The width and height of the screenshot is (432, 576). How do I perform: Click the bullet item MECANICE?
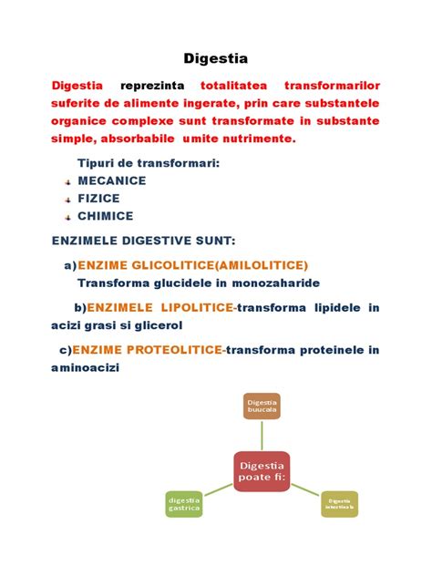[x=112, y=180]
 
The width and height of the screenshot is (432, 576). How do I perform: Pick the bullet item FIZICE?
[x=98, y=198]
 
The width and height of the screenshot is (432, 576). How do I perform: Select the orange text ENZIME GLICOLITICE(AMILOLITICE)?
[x=193, y=265]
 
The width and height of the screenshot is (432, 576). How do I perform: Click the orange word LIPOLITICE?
[x=194, y=308]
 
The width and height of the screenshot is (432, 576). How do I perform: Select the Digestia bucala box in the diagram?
[x=262, y=406]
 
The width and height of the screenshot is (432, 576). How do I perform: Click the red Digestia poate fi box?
[x=262, y=472]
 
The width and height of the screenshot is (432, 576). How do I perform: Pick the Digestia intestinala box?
[x=339, y=503]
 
